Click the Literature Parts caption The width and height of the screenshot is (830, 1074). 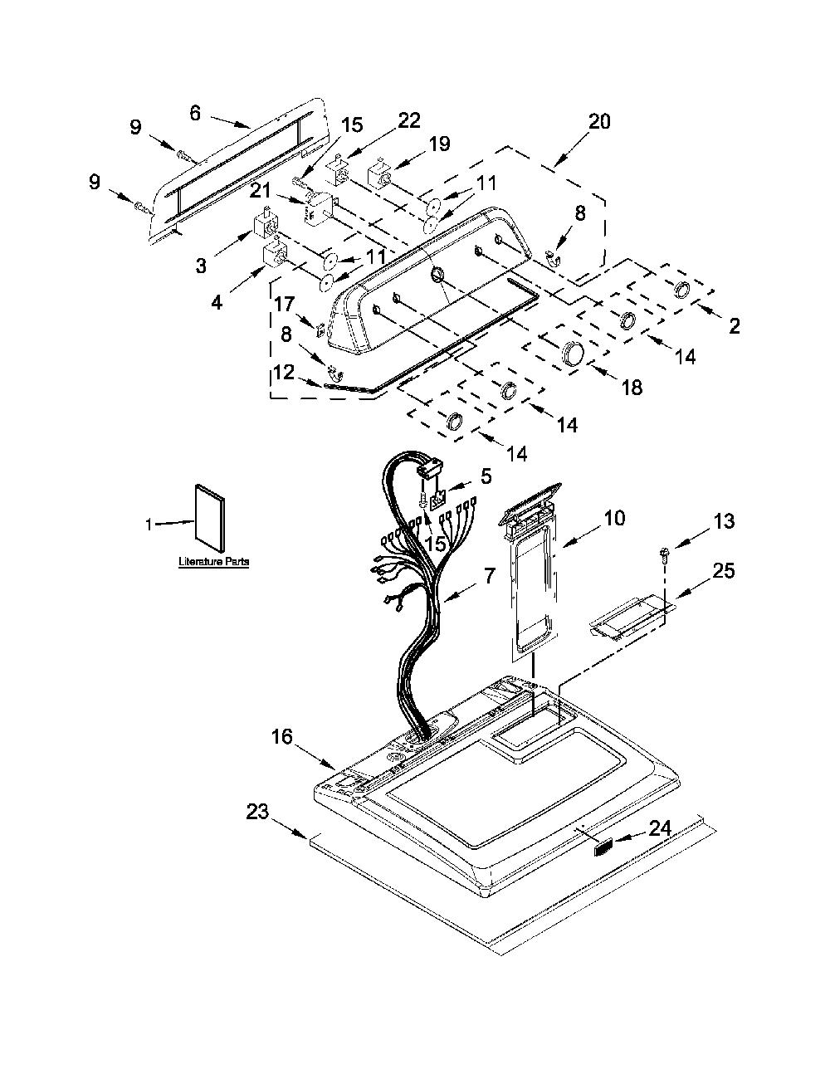point(213,561)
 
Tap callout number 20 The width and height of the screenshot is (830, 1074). point(598,121)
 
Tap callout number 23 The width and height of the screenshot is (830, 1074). point(257,811)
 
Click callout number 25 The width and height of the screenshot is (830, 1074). point(723,570)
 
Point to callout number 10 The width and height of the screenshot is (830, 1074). point(614,517)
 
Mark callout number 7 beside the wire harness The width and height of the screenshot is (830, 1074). point(489,576)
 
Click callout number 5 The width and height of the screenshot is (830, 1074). point(486,476)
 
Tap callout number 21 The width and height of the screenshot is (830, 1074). point(261,190)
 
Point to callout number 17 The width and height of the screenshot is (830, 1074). point(285,304)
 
